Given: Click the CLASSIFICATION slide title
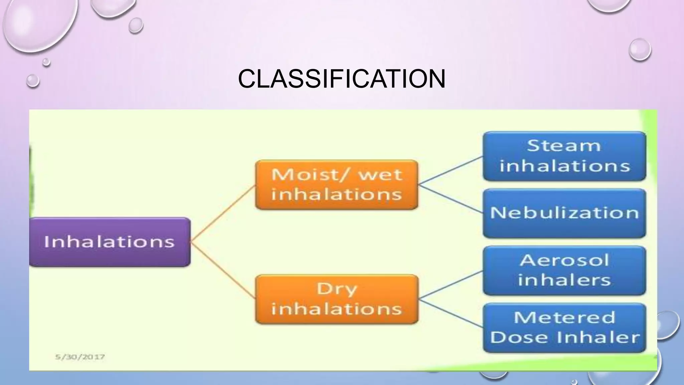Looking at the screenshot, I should [x=342, y=79].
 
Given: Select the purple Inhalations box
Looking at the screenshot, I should [x=110, y=242].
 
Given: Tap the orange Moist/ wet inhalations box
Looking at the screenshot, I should [x=337, y=185].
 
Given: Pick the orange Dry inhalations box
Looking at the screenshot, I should [x=337, y=299].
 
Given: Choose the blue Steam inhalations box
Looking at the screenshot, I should [x=564, y=156].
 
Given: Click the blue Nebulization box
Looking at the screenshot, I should [x=564, y=213].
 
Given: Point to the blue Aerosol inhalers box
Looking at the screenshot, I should [x=564, y=270].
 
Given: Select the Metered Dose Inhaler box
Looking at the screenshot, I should [x=564, y=328].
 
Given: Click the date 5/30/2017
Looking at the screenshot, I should [x=80, y=357].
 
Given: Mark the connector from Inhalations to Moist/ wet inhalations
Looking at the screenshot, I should [x=223, y=213].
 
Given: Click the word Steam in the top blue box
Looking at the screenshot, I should [x=564, y=146].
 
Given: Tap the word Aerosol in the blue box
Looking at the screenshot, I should [x=564, y=260].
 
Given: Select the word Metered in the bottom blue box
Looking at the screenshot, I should [x=564, y=317].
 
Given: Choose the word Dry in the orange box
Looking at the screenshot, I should [x=337, y=289].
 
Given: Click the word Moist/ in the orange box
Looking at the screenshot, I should [x=311, y=175].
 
